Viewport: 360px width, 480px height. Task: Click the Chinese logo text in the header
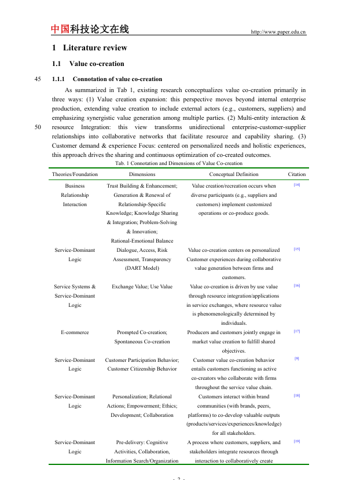point(90,29)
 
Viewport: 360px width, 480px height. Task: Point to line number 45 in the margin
point(38,79)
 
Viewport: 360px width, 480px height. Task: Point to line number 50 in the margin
point(38,127)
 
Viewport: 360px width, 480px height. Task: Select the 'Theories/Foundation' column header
point(75,174)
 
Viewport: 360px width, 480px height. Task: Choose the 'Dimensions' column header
point(142,174)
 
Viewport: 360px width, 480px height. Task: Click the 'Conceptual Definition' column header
point(234,174)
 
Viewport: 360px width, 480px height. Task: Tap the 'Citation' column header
point(297,174)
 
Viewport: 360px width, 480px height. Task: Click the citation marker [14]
point(296,185)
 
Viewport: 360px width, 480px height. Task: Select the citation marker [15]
point(296,250)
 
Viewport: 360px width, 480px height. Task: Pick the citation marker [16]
point(296,285)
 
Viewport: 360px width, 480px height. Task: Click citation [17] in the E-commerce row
point(296,332)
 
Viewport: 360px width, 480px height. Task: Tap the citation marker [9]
point(296,359)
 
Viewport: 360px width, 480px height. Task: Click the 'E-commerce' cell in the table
point(75,332)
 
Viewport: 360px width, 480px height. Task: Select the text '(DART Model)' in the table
point(142,268)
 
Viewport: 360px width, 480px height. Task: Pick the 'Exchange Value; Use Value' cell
point(142,287)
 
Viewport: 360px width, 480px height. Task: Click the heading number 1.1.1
point(60,79)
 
